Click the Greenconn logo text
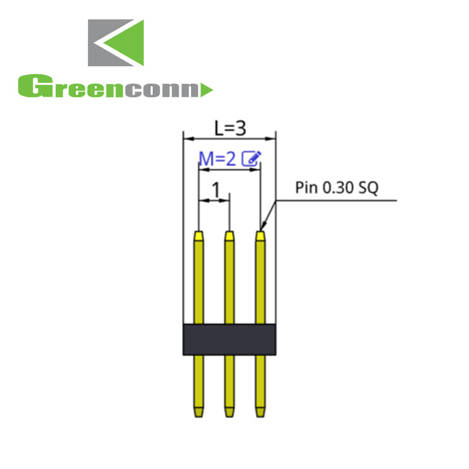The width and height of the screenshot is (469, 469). tap(108, 87)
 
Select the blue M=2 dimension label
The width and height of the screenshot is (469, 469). tap(218, 158)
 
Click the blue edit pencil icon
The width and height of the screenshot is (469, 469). tap(252, 158)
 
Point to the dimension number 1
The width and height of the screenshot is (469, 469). tap(216, 189)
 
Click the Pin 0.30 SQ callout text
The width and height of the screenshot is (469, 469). tap(337, 188)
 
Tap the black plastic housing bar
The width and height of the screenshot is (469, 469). tap(229, 339)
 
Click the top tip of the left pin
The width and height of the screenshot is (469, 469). tap(199, 235)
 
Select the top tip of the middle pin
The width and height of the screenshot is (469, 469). tap(229, 235)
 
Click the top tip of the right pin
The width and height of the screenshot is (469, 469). tap(260, 235)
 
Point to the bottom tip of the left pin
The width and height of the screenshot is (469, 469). tap(199, 413)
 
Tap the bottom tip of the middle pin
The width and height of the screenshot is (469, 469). tap(229, 413)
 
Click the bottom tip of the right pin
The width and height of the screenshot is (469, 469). tap(260, 413)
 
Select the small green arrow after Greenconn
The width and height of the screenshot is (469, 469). tap(206, 90)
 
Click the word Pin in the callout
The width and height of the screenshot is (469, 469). tap(305, 188)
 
